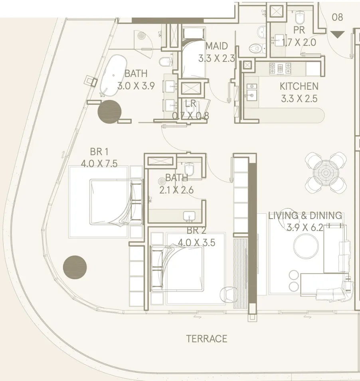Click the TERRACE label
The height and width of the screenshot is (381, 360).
click(207, 338)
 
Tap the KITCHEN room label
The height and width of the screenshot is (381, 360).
click(299, 86)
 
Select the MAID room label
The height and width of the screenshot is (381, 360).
click(217, 46)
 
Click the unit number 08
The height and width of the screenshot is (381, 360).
click(337, 17)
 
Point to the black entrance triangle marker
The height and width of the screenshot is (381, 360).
click(338, 34)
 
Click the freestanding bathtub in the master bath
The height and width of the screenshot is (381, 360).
click(113, 75)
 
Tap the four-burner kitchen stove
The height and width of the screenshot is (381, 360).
click(280, 69)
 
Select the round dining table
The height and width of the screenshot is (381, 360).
click(326, 172)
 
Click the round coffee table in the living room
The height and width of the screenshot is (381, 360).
click(306, 246)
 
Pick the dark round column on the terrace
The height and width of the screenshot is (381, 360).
click(75, 267)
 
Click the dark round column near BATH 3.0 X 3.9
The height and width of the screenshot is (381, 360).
click(110, 112)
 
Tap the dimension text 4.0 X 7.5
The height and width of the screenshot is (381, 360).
click(99, 164)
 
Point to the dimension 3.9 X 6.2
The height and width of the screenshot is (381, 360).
click(305, 228)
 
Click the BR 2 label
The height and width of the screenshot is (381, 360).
click(196, 231)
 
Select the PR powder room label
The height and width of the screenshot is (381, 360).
click(299, 30)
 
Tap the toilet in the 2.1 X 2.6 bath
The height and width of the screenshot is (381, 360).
click(189, 169)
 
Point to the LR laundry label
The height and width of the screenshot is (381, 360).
click(190, 103)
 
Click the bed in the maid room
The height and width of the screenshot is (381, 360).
click(194, 53)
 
